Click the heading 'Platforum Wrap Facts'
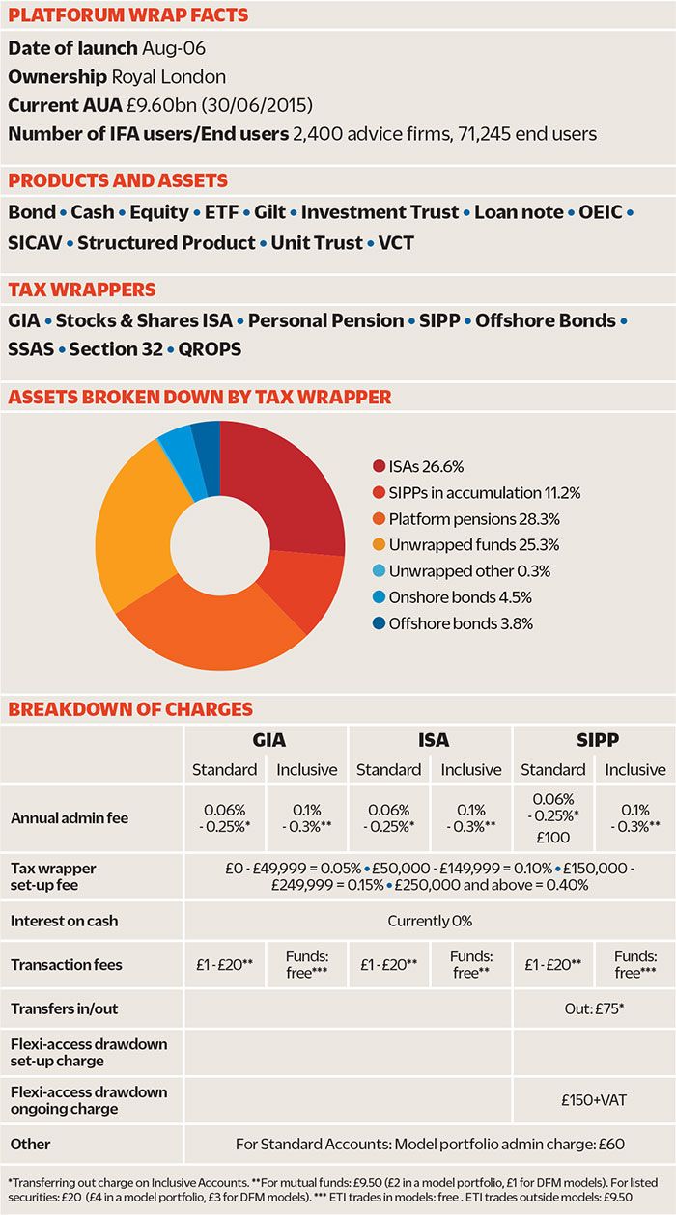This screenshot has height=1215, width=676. [127, 14]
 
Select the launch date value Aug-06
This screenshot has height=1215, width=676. [173, 48]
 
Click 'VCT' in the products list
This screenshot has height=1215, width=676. [396, 242]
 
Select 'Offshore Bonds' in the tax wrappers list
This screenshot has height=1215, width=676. [545, 319]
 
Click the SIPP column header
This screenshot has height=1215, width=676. [593, 740]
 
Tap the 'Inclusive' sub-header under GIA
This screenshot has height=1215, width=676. [307, 769]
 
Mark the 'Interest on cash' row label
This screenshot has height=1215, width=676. [64, 921]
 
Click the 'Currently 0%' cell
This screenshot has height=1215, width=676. [430, 921]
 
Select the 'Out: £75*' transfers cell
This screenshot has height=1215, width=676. [593, 1008]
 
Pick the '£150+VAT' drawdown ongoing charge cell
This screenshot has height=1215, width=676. [593, 1100]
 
